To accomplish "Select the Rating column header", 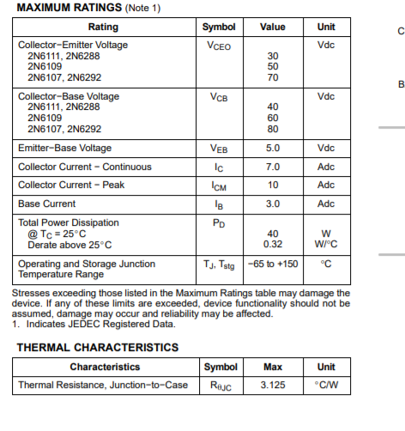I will [104, 27].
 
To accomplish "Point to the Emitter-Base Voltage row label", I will [65, 149].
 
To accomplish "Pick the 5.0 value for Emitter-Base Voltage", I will [273, 149].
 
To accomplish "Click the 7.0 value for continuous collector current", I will [273, 167].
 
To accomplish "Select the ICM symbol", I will [219, 185].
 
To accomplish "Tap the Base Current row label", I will [47, 203].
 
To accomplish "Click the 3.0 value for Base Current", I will [273, 203].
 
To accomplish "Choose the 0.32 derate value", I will [273, 244].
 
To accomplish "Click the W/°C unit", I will [326, 244].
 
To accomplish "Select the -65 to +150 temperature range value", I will [273, 264].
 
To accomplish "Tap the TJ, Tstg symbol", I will [219, 264].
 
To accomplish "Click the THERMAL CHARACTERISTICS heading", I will [98, 348].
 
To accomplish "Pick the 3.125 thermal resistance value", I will [273, 385].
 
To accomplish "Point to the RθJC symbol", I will [221, 385].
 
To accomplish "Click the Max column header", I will [273, 367].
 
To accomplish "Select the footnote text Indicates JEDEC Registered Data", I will [99, 325].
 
